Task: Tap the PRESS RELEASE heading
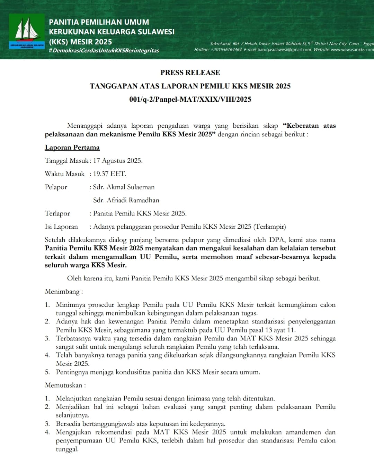tap(190, 73)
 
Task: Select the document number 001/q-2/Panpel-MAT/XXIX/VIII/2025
tap(190, 99)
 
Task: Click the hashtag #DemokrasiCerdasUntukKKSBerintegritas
tap(104, 51)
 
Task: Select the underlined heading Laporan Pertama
tap(72, 147)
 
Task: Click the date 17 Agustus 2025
tap(118, 161)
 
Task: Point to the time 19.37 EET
tap(109, 174)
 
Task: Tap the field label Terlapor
tap(57, 213)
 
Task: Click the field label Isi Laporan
tap(61, 227)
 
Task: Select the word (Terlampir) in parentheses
tap(270, 227)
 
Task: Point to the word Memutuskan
tap(64, 385)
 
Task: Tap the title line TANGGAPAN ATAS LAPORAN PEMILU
tap(190, 86)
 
